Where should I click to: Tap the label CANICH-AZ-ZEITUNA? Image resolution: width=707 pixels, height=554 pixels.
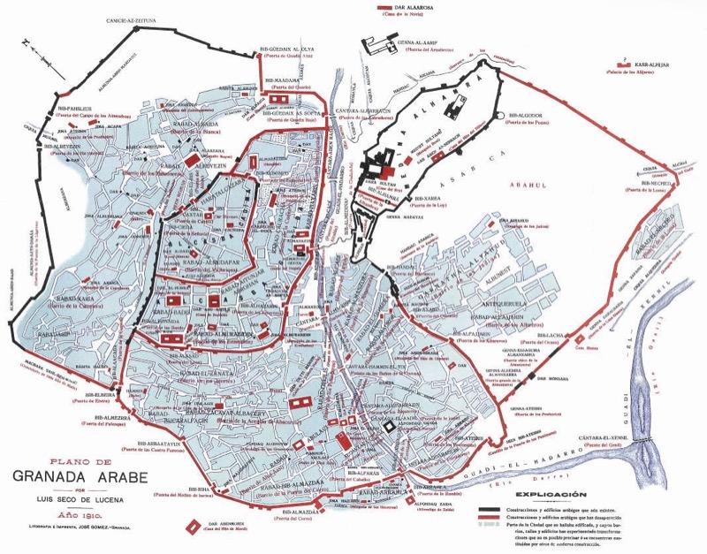coord(137,19)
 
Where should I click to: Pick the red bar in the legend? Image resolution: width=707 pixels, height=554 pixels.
coord(492,520)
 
